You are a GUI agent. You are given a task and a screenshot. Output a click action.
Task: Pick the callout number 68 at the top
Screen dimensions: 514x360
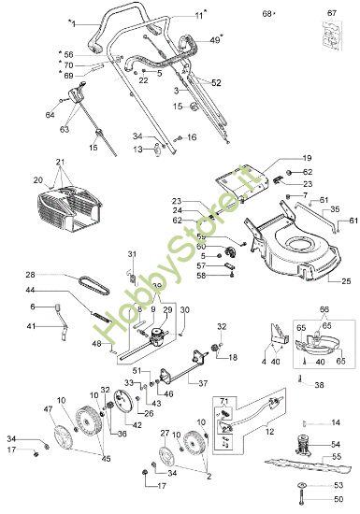tap(266, 14)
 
